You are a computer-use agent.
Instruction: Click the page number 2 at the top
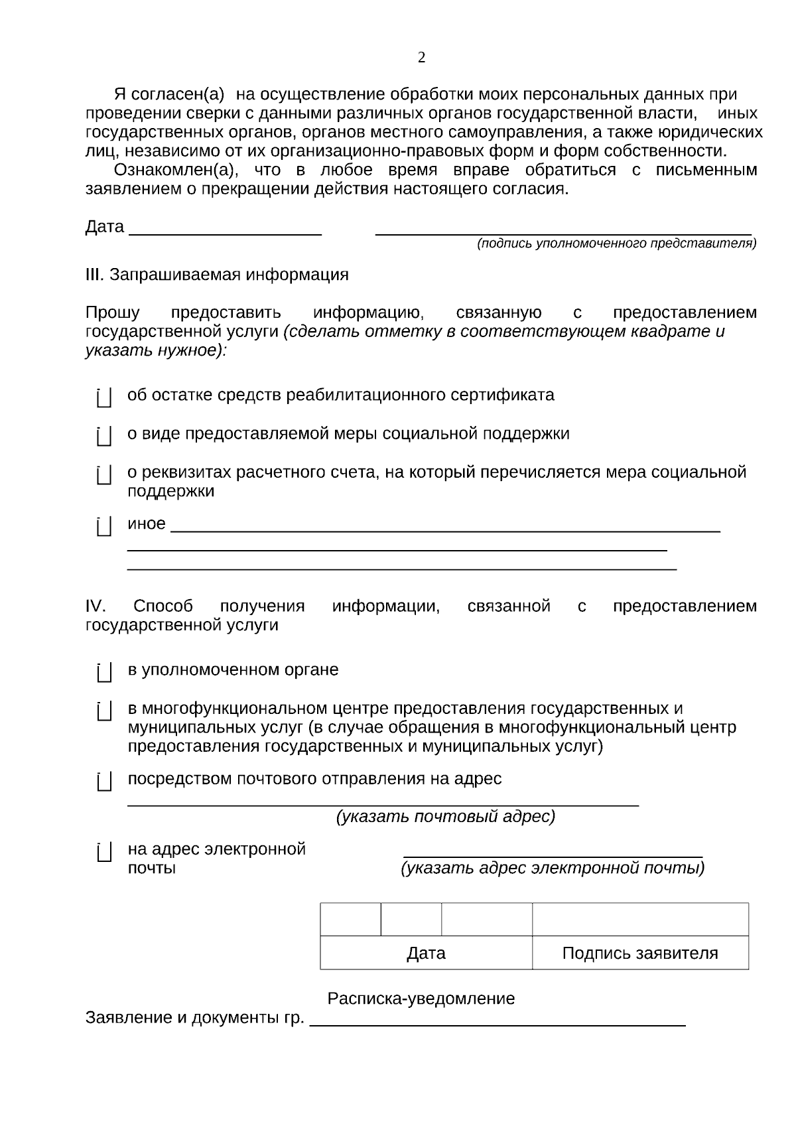(421, 58)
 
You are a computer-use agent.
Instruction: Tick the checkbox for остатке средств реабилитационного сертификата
(104, 397)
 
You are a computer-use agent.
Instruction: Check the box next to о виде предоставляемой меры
(104, 436)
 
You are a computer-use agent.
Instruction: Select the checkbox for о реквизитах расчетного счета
(104, 474)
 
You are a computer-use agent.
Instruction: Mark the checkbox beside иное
(104, 526)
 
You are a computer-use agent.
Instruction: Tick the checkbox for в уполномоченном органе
(104, 672)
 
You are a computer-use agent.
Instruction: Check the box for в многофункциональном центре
(104, 711)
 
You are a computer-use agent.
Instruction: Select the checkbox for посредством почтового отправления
(104, 781)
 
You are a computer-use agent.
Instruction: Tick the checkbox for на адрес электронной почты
(104, 851)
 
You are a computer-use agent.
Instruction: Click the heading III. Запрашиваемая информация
(217, 275)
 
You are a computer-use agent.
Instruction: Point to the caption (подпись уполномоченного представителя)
(616, 244)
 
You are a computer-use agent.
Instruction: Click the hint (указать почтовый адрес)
(446, 817)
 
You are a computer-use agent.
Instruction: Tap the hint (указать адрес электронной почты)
(553, 868)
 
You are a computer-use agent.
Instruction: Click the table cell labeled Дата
(426, 953)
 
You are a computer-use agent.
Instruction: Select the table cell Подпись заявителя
(640, 953)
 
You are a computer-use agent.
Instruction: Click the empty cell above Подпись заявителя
(640, 920)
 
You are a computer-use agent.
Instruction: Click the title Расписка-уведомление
(421, 999)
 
